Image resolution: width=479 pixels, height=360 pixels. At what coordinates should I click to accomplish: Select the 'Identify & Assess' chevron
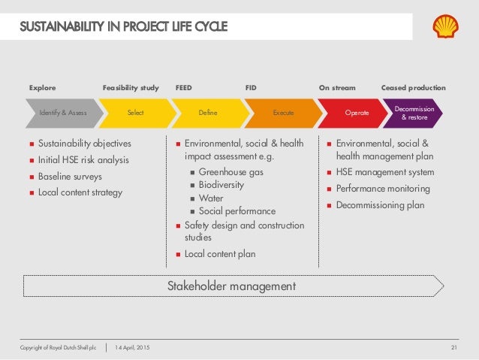point(64,113)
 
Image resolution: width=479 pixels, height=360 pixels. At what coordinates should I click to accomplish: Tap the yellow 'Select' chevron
point(136,113)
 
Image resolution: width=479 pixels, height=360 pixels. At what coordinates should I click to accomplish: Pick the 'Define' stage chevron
point(208,113)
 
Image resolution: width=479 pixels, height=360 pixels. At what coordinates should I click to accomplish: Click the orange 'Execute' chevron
point(282,113)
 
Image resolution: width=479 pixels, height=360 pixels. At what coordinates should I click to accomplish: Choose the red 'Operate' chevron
point(356,113)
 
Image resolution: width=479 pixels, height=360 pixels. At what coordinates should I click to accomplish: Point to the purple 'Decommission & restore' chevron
point(413,113)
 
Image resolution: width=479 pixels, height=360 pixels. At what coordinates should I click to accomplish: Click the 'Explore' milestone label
point(42,88)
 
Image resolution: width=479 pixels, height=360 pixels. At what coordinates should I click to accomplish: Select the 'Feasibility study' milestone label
point(131,88)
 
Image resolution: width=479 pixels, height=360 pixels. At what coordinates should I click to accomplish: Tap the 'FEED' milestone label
point(183,88)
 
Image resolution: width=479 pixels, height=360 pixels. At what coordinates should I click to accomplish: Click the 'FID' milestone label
point(251,88)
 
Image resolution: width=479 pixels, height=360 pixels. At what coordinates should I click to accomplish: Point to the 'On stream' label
point(337,88)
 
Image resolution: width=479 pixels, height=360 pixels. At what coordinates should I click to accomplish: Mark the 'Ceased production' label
point(413,88)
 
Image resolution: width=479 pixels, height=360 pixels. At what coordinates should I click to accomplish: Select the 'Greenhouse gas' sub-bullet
point(231,171)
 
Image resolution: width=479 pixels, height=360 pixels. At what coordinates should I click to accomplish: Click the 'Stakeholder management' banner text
point(230,286)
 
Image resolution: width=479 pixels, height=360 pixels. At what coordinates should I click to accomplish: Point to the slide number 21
point(453,346)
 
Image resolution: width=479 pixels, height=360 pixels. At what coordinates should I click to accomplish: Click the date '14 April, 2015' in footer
point(132,346)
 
